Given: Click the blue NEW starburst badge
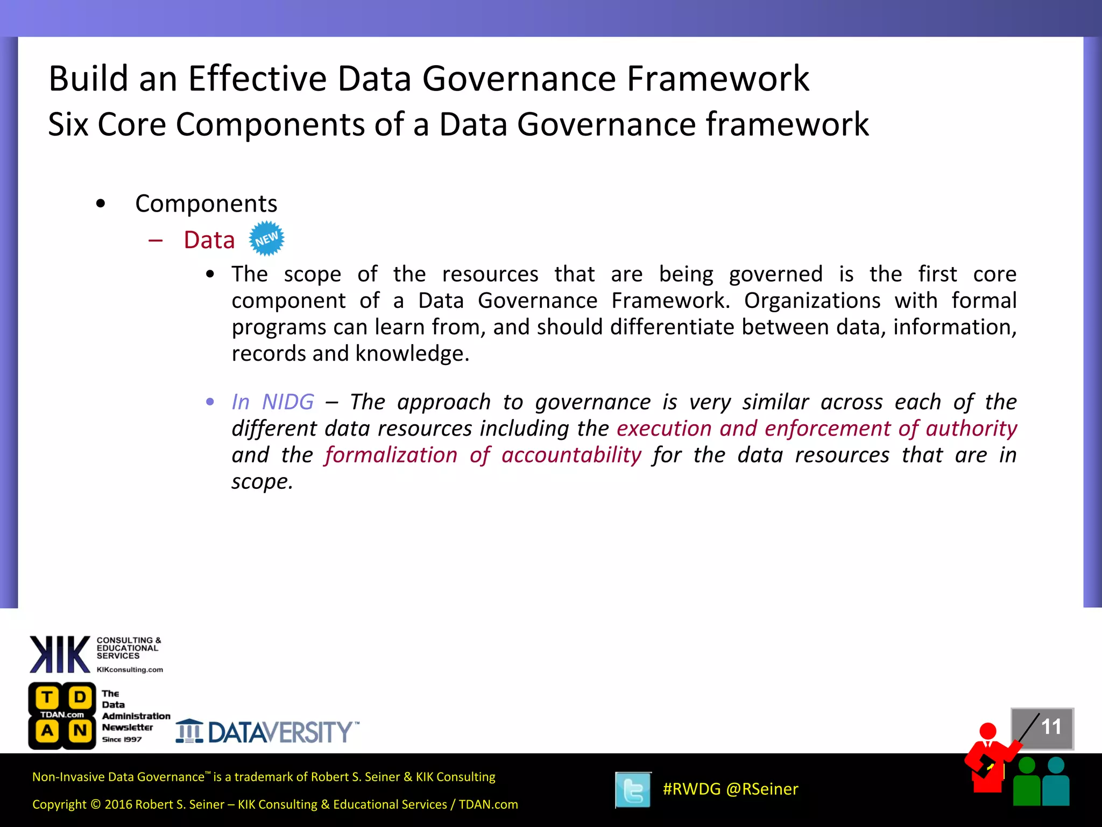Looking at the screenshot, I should pos(266,239).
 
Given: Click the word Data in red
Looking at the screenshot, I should pos(209,240).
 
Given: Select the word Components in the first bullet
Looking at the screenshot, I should pos(206,204).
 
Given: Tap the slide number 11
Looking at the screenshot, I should pos(1050,727).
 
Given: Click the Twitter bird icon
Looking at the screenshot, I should pos(633,790).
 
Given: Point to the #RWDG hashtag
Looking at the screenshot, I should pos(691,789).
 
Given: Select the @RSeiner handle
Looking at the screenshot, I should pos(762,789).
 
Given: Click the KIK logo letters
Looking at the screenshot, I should pos(60,654).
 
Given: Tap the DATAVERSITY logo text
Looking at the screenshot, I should pos(280,732).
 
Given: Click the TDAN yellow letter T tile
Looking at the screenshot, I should pos(47,697).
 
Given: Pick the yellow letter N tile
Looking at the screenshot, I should pos(80,731).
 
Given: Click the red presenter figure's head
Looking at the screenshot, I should pos(988,731).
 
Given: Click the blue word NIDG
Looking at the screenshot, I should pos(288,402).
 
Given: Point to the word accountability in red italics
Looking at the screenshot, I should pos(571,455).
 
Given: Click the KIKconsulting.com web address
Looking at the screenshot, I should pos(130,670).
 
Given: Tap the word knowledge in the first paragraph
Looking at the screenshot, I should pos(412,354).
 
